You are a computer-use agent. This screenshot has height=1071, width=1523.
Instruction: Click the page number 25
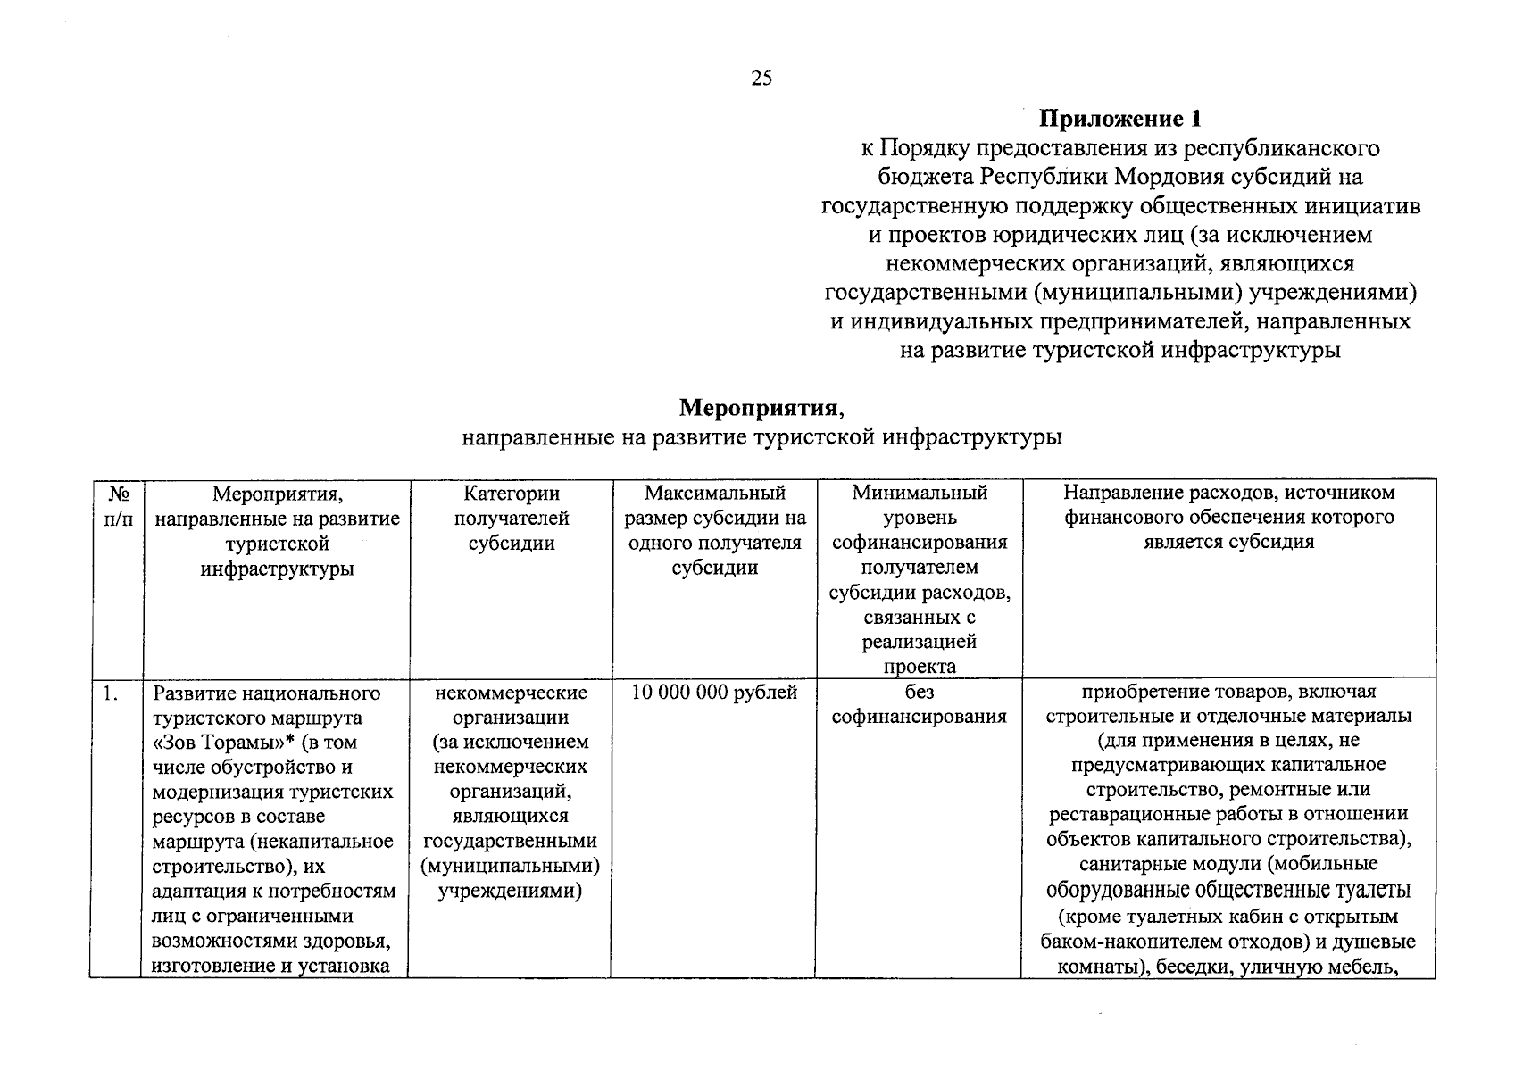coord(761,79)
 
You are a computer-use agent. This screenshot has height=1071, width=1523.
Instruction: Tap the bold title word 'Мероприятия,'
coord(761,409)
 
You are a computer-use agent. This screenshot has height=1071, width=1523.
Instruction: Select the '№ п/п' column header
coord(117,506)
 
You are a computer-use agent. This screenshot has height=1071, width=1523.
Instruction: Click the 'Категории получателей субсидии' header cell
coord(511,519)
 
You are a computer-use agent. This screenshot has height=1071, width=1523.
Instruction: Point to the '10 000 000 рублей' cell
coord(713,693)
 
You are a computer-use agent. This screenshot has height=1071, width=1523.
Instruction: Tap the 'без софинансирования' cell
coord(919,704)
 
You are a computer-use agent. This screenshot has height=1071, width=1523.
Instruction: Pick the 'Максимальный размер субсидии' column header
coord(714,530)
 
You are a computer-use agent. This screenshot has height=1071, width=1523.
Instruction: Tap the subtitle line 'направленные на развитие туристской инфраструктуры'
coord(761,438)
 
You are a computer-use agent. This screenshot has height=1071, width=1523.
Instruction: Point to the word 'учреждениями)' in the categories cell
coord(510,892)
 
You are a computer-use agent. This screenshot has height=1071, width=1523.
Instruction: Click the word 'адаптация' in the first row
coord(196,892)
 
